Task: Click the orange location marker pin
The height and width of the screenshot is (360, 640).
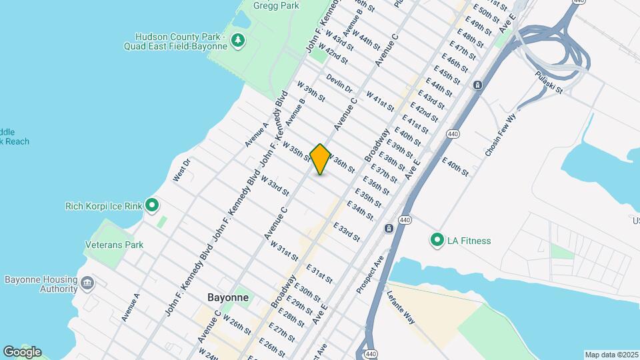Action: [x=320, y=159]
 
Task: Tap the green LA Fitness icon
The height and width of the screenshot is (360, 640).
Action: [x=437, y=240]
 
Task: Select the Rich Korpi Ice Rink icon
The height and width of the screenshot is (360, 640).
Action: [x=152, y=205]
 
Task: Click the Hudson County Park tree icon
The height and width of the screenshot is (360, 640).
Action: [x=238, y=41]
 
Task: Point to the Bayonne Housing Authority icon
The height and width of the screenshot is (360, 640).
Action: [x=87, y=283]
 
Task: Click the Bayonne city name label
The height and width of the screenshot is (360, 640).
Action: [x=228, y=297]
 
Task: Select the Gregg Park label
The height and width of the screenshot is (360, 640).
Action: [x=276, y=5]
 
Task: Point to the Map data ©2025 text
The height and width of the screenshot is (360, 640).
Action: [x=611, y=355]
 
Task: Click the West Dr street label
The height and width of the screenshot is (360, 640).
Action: [x=181, y=169]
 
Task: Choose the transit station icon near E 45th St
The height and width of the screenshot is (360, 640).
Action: [x=477, y=85]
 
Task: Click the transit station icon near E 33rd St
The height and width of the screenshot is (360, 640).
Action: [x=388, y=229]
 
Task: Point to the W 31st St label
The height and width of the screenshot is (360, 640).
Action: [x=284, y=251]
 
